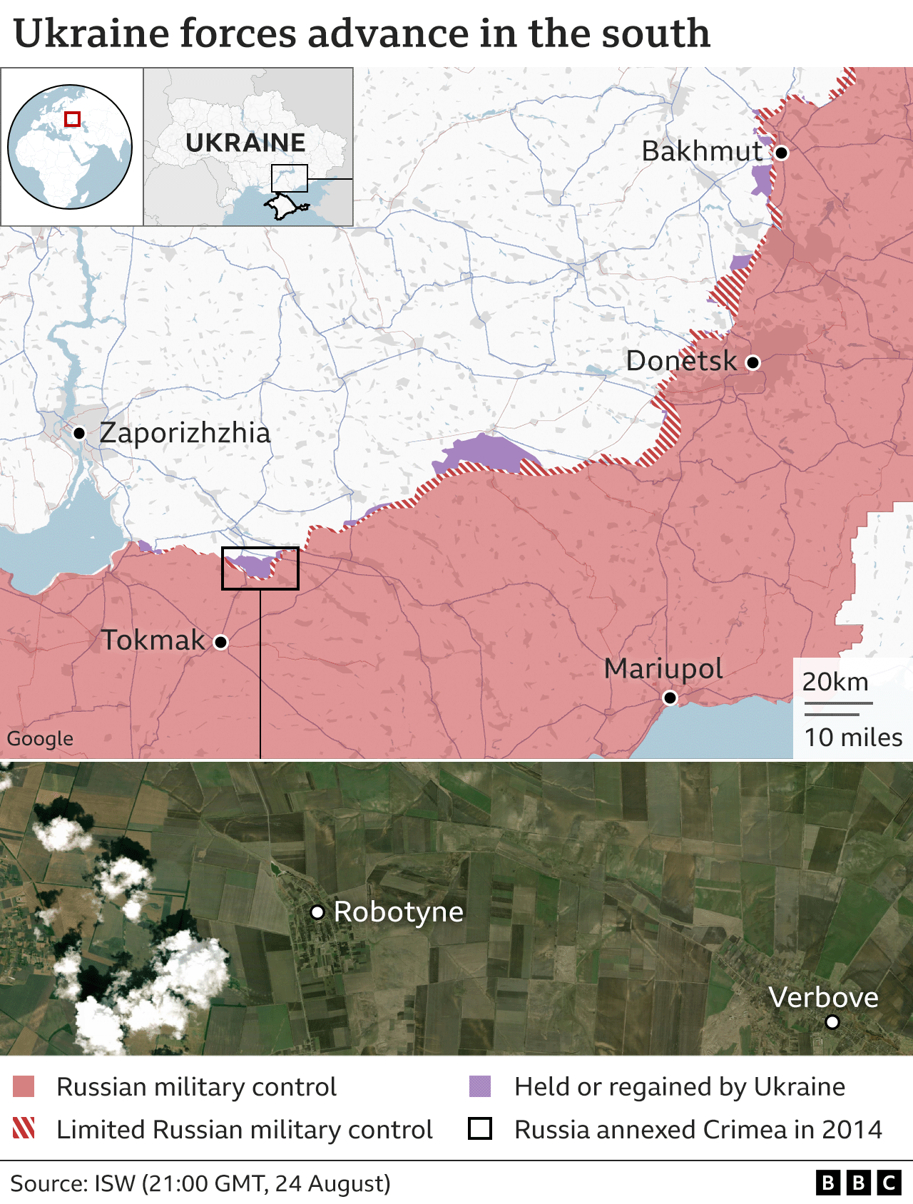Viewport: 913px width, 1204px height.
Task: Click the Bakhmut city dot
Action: [x=782, y=153]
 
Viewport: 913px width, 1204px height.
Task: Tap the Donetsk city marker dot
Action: [x=753, y=362]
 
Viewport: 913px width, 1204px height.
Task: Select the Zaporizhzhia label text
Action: [x=185, y=433]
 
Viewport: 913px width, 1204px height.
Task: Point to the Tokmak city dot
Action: [x=221, y=642]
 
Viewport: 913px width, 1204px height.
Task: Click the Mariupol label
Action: [x=663, y=669]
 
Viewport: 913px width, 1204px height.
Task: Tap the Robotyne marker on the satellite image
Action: [x=318, y=912]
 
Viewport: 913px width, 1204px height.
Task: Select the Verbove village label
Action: [x=823, y=998]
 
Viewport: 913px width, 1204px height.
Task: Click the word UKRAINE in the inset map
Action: [x=245, y=143]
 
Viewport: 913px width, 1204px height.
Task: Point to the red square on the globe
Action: [x=72, y=119]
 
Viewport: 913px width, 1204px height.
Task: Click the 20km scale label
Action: [x=835, y=682]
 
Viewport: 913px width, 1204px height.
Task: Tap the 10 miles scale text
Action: [x=853, y=738]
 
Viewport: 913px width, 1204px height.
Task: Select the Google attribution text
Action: [x=40, y=738]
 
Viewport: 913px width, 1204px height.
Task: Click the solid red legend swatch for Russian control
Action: [x=24, y=1087]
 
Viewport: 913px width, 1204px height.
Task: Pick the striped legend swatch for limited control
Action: [x=24, y=1129]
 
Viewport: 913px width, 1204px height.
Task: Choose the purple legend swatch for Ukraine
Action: [x=480, y=1087]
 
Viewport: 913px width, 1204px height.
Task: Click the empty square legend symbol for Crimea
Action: [x=480, y=1129]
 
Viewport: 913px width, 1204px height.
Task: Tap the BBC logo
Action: [x=858, y=1183]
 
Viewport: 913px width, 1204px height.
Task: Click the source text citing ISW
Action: [x=200, y=1183]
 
